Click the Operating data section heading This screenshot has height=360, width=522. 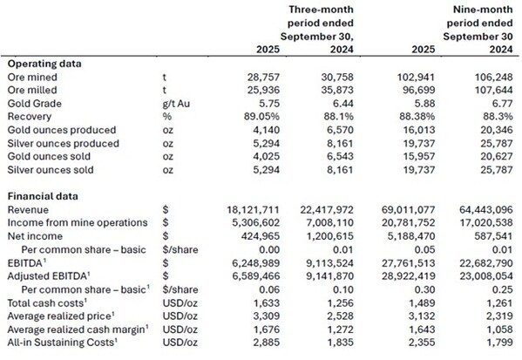point(44,64)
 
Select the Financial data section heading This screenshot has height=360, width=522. point(43,196)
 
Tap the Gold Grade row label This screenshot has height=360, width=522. point(34,104)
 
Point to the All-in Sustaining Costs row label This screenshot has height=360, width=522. point(62,343)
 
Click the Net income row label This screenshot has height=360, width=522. point(35,236)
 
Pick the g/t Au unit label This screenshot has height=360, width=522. point(176,104)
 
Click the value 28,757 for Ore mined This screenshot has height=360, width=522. point(263,77)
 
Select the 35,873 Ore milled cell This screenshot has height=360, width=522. point(337,91)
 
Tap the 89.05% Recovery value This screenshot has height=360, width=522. point(261,117)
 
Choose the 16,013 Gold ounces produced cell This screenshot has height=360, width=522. point(419,130)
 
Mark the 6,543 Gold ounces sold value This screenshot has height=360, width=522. point(340,157)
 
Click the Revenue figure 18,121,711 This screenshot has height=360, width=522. point(254,210)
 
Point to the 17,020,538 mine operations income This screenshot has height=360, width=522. point(486,223)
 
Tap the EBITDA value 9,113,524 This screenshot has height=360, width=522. point(329,263)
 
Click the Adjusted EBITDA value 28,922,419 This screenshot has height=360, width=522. point(409,276)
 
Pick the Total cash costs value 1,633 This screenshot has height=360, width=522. point(267,303)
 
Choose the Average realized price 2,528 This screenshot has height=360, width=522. point(340,316)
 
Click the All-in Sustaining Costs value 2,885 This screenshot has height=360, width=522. point(267,343)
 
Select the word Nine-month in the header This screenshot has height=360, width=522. point(483,10)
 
